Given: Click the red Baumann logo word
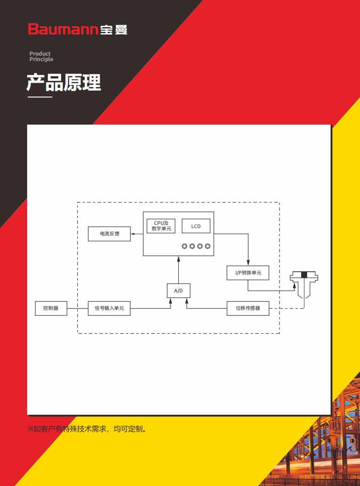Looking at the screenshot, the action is click(x=63, y=29).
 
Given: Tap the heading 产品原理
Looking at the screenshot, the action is click(x=64, y=83).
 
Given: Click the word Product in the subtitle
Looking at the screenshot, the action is click(x=40, y=54).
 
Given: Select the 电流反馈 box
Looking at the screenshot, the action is click(x=109, y=234).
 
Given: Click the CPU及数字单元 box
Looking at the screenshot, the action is click(x=161, y=226).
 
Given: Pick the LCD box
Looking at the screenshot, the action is click(x=196, y=226).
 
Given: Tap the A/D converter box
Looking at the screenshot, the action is click(x=178, y=291).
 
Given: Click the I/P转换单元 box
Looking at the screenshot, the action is click(x=248, y=273).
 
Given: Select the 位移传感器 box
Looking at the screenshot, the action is click(x=248, y=309).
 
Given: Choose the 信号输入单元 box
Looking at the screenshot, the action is click(x=109, y=309).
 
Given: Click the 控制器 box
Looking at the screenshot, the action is click(x=51, y=309).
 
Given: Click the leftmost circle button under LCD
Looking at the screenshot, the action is click(x=185, y=246).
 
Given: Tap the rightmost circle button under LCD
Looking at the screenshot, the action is click(x=207, y=246).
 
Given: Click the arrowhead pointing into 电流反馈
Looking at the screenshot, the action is click(x=132, y=234).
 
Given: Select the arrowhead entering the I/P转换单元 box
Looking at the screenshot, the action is click(x=248, y=263).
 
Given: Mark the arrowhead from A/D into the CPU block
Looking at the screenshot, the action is click(x=178, y=258).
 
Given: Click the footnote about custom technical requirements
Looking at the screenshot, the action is click(x=87, y=429).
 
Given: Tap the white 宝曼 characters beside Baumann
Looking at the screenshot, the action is click(x=114, y=30).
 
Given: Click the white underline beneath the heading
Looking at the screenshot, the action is click(x=40, y=97).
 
